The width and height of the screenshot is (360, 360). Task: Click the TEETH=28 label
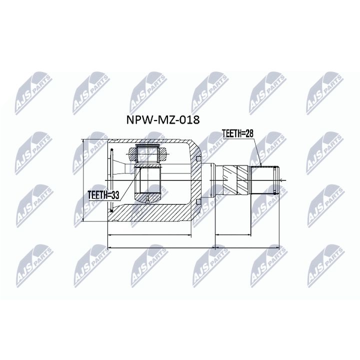tap(237, 132)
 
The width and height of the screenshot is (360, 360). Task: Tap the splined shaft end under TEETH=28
tap(265, 179)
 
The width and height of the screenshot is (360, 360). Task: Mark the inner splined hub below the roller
tap(148, 182)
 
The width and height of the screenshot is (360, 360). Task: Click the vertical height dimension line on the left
tap(83, 180)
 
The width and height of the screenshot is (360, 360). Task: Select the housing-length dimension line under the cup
tap(150, 234)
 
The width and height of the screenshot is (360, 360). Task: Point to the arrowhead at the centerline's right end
tap(283, 178)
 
